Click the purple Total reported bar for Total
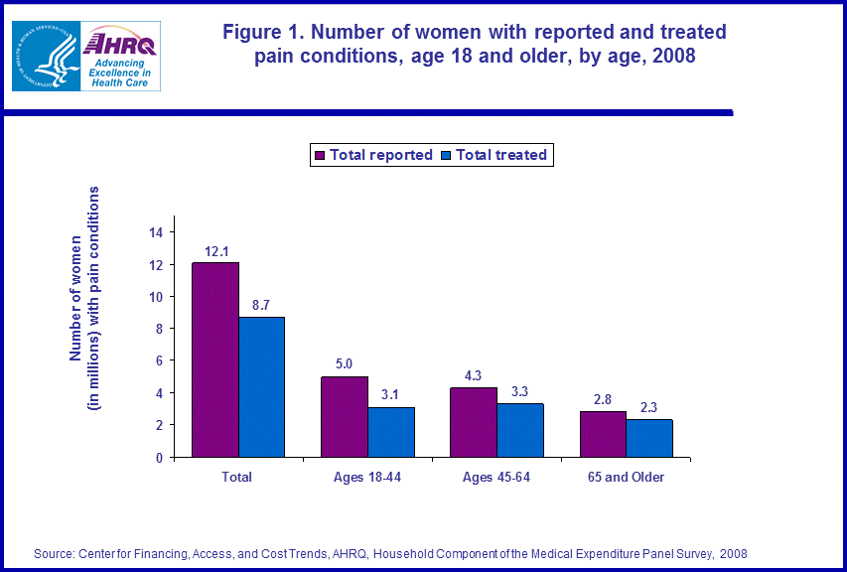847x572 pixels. [215, 359]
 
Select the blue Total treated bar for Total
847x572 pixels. [261, 387]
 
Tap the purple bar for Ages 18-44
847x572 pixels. [345, 417]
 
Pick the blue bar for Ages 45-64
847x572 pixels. [520, 430]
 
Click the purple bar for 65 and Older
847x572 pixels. [603, 434]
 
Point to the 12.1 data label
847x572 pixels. [215, 251]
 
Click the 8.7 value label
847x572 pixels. [261, 305]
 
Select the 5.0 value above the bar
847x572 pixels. [345, 364]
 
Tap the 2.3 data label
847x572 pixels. [649, 408]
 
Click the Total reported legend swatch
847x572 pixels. [320, 155]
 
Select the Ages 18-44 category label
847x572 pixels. [367, 478]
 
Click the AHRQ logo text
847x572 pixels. [121, 44]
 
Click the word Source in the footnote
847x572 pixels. [52, 553]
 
